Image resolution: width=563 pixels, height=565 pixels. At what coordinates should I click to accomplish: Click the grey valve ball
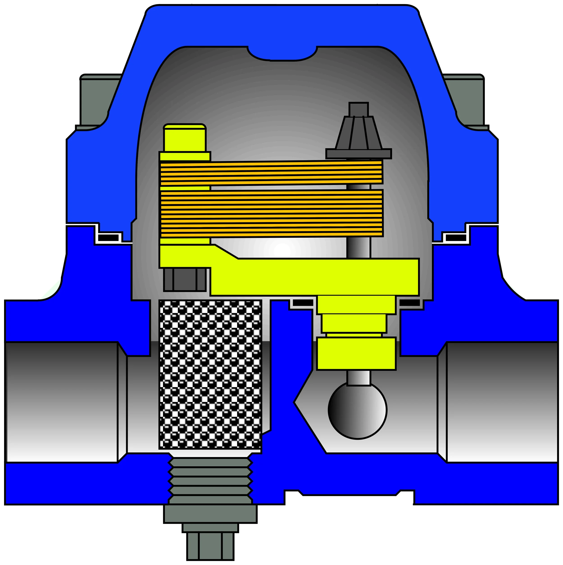coord(357,410)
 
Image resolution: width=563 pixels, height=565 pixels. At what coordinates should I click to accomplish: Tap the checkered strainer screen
coord(210,375)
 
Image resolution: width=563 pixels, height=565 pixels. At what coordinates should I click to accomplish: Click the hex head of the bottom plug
coord(210,546)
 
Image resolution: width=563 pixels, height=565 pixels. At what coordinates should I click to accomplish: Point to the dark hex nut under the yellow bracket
coord(185,280)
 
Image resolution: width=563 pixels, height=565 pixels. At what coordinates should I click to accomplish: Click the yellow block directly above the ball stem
coord(356,353)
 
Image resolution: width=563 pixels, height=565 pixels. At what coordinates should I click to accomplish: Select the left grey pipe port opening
coord(61,402)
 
